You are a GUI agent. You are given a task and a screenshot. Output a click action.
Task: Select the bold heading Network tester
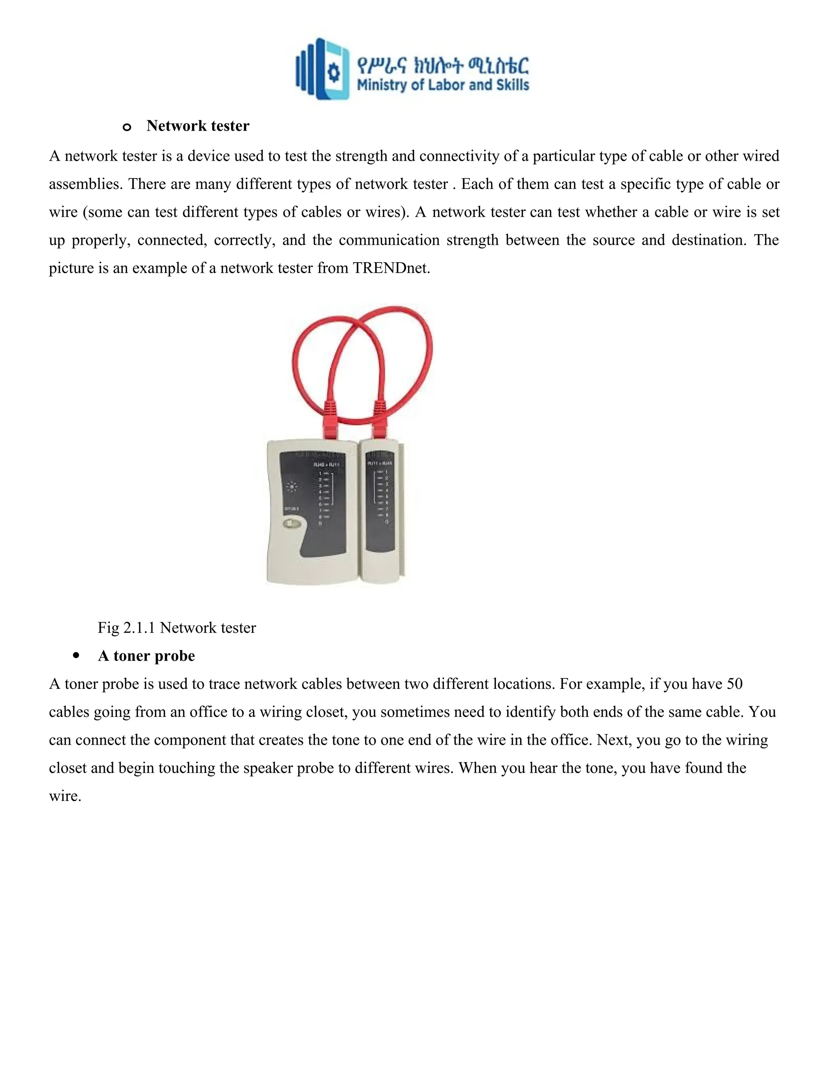tap(198, 126)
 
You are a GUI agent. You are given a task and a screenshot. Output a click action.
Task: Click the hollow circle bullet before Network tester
tap(127, 127)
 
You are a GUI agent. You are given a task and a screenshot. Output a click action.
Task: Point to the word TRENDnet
tap(391, 268)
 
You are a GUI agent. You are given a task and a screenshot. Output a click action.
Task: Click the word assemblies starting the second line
tap(86, 184)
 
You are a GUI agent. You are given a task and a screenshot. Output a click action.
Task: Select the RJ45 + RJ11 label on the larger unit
tap(327, 464)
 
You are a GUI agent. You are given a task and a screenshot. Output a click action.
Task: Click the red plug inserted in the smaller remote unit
tap(380, 421)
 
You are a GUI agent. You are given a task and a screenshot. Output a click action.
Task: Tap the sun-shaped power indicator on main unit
tap(292, 487)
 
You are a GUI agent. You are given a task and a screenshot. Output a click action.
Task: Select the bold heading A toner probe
tap(147, 656)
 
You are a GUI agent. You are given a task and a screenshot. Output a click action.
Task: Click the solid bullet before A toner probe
tap(76, 656)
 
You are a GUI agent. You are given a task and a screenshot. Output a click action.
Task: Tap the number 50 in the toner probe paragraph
tap(734, 684)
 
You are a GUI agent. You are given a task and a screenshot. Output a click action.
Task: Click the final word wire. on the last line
tap(65, 796)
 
